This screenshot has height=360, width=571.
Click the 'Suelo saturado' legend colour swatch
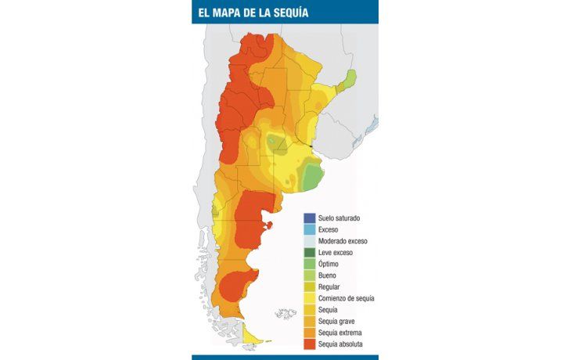tap(310, 218)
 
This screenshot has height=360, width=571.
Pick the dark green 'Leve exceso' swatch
tap(310, 253)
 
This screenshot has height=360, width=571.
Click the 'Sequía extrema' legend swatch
tap(310, 333)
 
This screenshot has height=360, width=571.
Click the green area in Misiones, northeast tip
tap(350, 77)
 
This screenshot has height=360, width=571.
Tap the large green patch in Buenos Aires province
tap(311, 177)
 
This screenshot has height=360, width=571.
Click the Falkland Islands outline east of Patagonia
tap(285, 314)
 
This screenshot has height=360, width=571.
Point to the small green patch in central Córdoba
tap(275, 142)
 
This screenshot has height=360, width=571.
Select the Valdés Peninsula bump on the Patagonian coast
tap(270, 226)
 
